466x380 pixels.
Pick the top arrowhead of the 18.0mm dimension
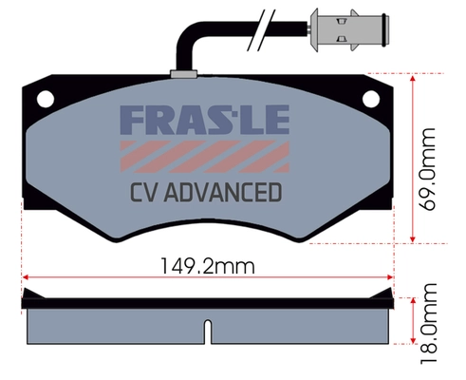click(x=413, y=301)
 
